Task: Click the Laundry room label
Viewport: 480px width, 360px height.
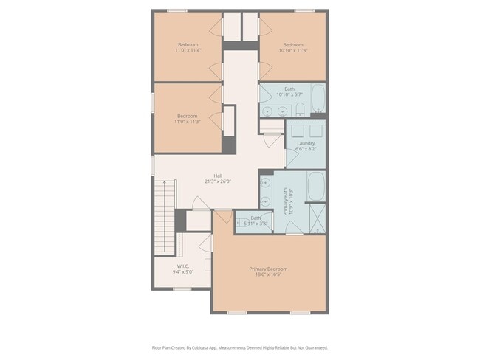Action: point(306,143)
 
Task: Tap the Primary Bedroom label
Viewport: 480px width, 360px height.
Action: point(267,269)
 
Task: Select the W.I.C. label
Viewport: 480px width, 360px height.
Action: point(183,266)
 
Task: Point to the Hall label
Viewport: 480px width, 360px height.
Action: point(219,176)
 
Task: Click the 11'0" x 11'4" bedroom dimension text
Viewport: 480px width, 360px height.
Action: point(188,50)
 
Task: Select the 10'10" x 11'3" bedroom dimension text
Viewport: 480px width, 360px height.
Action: point(293,50)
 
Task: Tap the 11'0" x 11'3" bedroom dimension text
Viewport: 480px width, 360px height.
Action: point(188,122)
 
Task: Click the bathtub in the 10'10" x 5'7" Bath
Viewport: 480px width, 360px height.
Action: point(318,99)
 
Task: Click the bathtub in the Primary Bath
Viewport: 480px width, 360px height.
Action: point(315,187)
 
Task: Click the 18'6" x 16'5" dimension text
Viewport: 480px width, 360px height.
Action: point(267,274)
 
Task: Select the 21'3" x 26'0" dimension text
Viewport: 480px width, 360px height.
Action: point(219,181)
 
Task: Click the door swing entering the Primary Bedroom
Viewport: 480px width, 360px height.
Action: point(223,219)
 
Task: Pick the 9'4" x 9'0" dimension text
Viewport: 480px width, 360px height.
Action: point(183,271)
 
